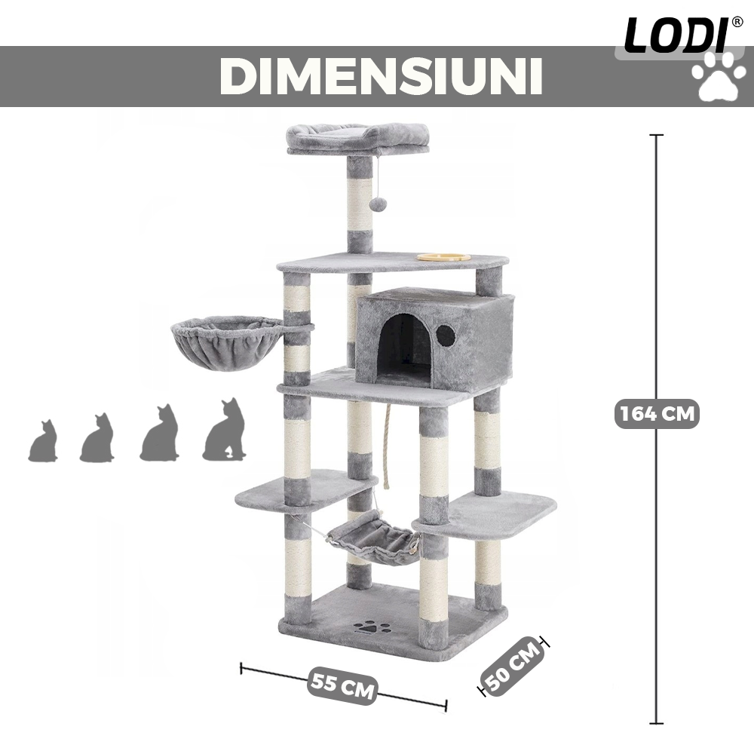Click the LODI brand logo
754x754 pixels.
click(676, 35)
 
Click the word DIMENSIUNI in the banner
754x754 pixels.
click(382, 76)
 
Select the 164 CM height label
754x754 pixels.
click(657, 413)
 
